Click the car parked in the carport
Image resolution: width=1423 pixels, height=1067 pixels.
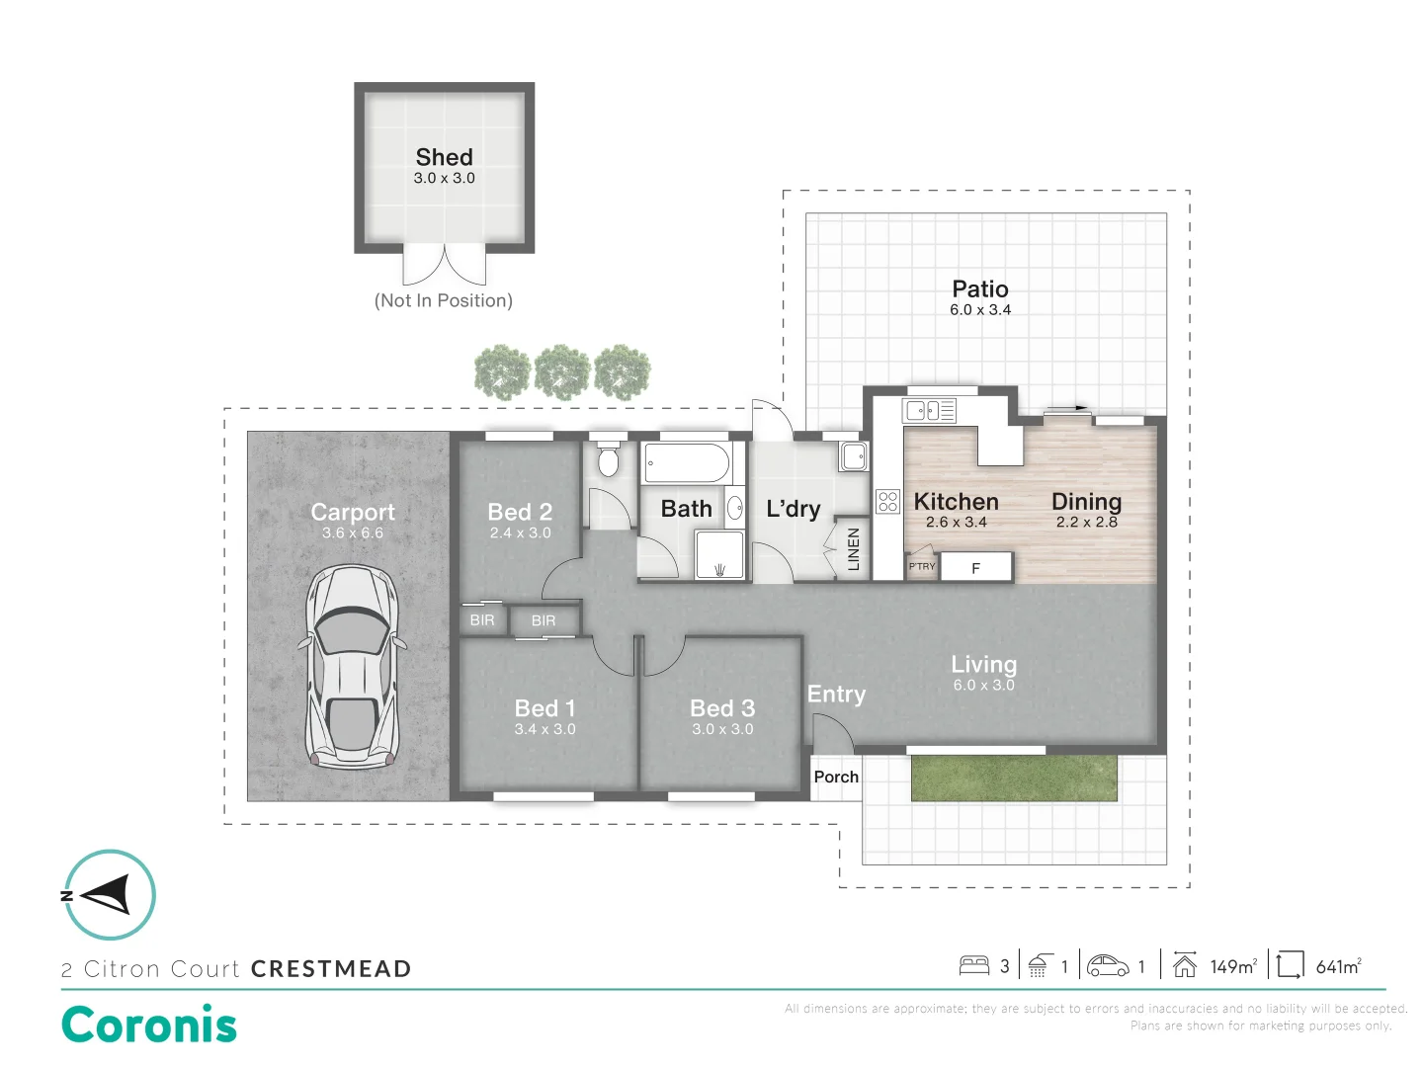coord(353,668)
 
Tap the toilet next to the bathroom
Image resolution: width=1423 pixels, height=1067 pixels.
coord(609,458)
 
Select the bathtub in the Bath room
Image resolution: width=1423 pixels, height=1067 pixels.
coord(687,462)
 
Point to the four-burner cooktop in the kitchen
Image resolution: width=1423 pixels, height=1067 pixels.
coord(887,501)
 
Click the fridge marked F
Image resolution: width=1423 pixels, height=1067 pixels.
coord(976,568)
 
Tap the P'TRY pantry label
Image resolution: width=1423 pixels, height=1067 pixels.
coord(922,566)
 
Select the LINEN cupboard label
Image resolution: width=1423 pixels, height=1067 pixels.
coord(854,549)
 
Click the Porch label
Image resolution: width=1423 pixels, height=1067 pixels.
coord(836,777)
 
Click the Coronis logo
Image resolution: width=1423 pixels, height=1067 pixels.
coord(149,1025)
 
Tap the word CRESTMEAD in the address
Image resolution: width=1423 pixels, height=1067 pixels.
coord(331,969)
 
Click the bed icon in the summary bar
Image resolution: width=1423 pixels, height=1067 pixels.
coord(974,965)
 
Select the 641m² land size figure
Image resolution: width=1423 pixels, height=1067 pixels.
coord(1338,966)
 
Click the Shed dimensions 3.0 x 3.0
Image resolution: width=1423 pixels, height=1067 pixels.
coord(444,179)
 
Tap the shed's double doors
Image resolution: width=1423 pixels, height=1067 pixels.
coord(445,265)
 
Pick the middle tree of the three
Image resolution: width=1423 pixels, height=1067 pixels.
coord(562,371)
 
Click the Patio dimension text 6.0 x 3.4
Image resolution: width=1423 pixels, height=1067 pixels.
coord(980,310)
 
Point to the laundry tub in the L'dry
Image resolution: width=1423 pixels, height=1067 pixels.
coord(854,456)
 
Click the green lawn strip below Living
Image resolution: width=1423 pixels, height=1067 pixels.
coord(1014,778)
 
